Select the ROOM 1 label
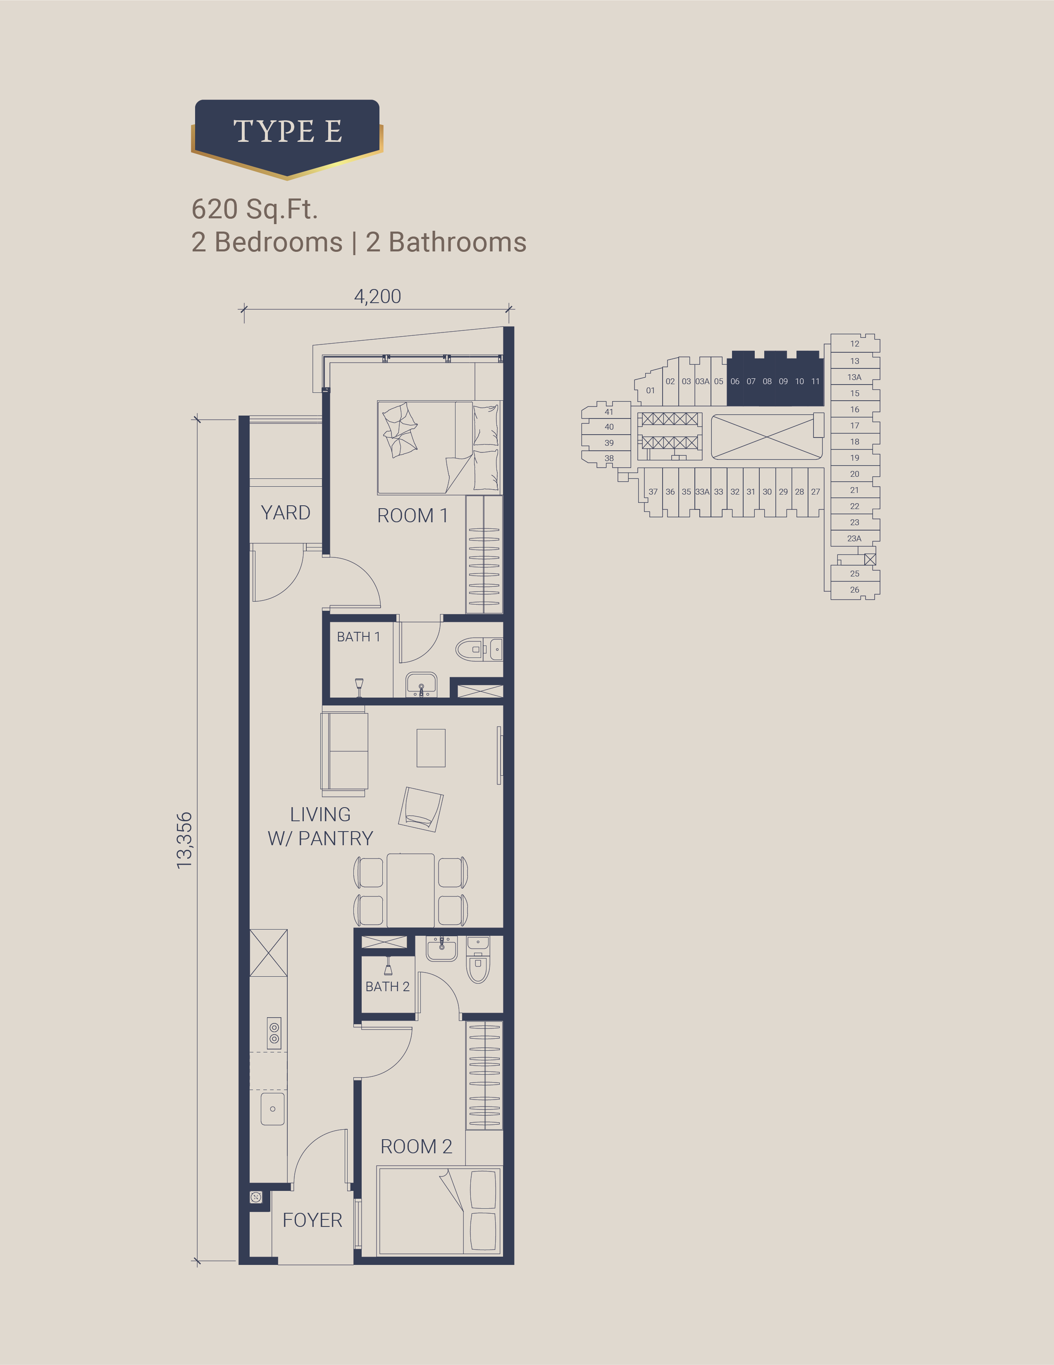click(x=413, y=516)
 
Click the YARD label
click(x=286, y=512)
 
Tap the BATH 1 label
click(x=358, y=636)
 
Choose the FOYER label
click(x=312, y=1220)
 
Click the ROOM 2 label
click(x=416, y=1146)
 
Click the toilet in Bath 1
click(x=479, y=649)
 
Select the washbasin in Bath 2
click(x=442, y=948)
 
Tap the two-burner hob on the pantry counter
click(x=274, y=1033)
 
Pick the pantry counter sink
click(x=272, y=1109)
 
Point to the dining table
click(x=410, y=890)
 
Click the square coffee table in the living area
click(x=431, y=748)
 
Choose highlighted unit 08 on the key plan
click(x=767, y=381)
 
